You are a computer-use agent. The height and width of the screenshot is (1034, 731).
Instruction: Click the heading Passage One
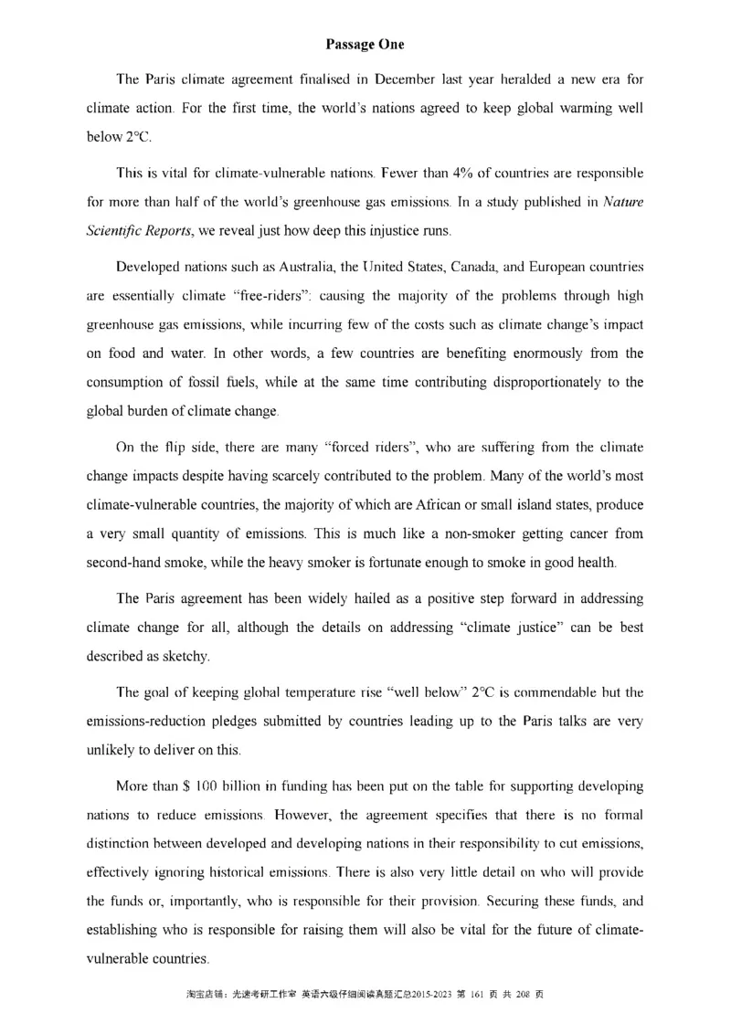pos(365,43)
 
